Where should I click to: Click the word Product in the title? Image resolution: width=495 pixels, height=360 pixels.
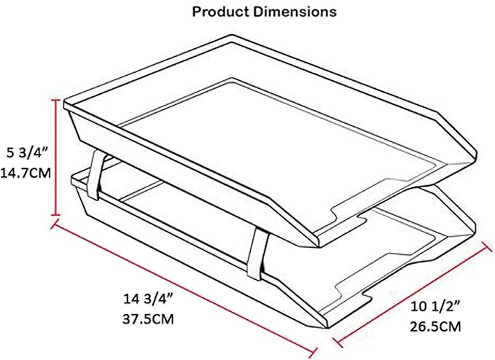(x=218, y=12)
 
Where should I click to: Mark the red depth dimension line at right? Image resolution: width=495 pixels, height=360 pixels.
(x=412, y=291)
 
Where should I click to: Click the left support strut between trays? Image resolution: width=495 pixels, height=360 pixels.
(x=95, y=175)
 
